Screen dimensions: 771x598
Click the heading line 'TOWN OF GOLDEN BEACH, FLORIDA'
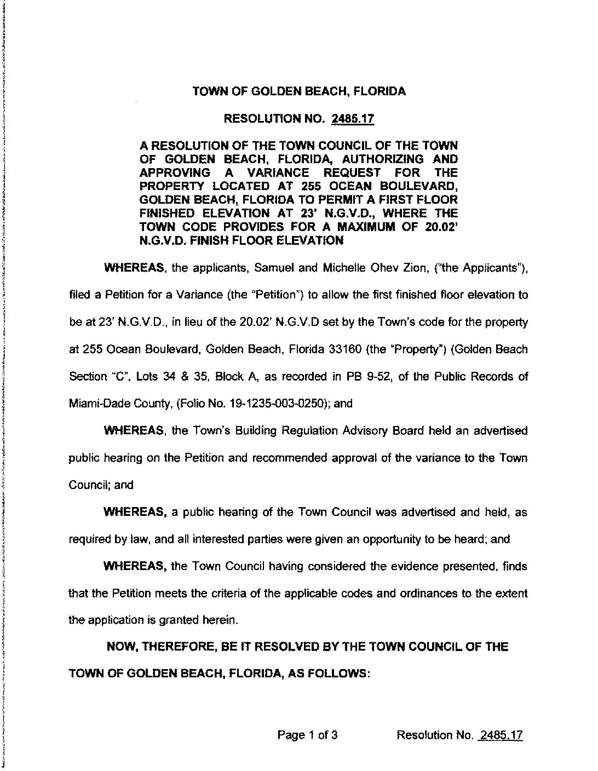coord(299,91)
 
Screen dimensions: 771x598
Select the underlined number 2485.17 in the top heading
coord(355,118)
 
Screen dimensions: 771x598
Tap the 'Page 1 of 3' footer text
coord(307,735)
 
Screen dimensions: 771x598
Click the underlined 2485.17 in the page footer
coord(501,735)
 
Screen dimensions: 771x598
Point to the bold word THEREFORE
coord(177,647)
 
